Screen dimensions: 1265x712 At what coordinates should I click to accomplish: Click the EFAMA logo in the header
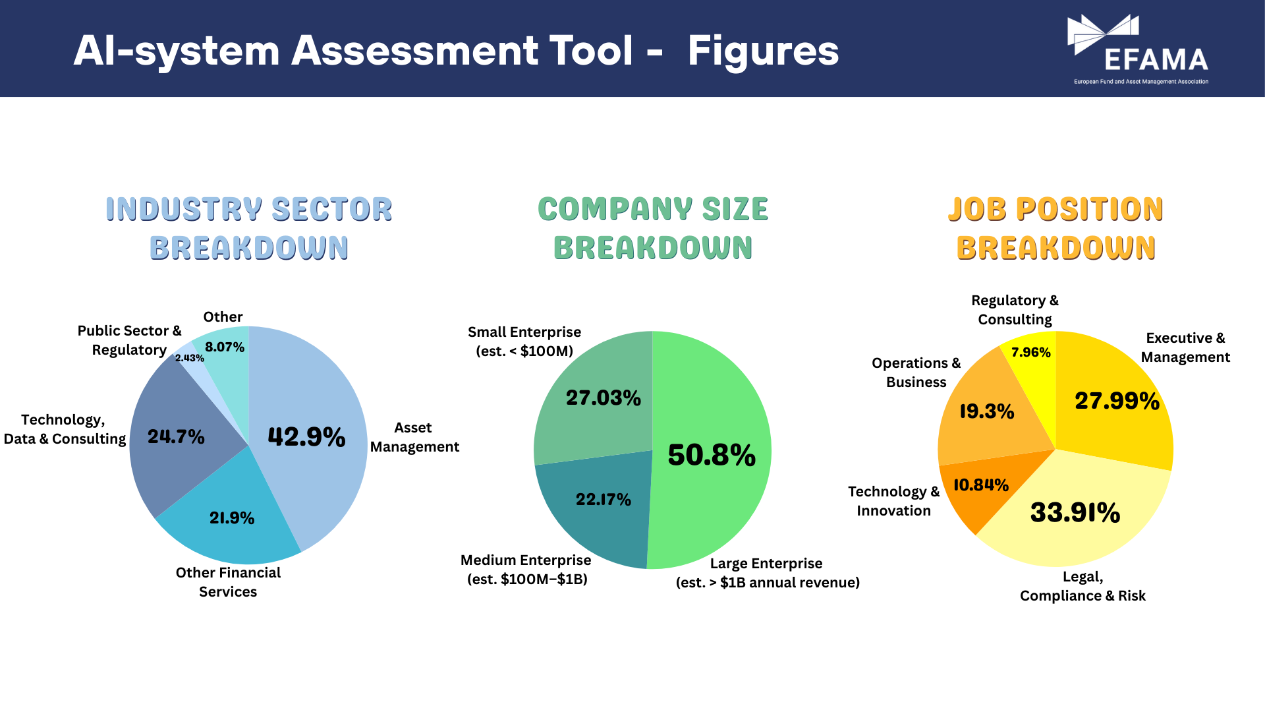(1138, 50)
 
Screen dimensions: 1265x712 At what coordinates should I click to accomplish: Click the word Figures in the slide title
(763, 51)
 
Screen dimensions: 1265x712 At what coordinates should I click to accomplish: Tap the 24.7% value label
(176, 436)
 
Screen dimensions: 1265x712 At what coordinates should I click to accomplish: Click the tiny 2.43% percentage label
(189, 358)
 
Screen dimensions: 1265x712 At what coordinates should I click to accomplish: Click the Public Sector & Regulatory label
(129, 340)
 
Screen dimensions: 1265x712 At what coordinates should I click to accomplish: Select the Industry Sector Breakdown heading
(249, 228)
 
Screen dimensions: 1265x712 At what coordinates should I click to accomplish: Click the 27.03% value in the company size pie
(604, 398)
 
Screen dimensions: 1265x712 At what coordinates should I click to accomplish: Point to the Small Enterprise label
(524, 341)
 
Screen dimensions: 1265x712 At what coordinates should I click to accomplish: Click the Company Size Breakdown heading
(653, 228)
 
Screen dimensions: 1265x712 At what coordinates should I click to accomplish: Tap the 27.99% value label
(1117, 401)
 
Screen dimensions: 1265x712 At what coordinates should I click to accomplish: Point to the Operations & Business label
(916, 372)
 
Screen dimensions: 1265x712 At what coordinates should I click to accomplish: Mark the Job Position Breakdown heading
(1056, 228)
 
